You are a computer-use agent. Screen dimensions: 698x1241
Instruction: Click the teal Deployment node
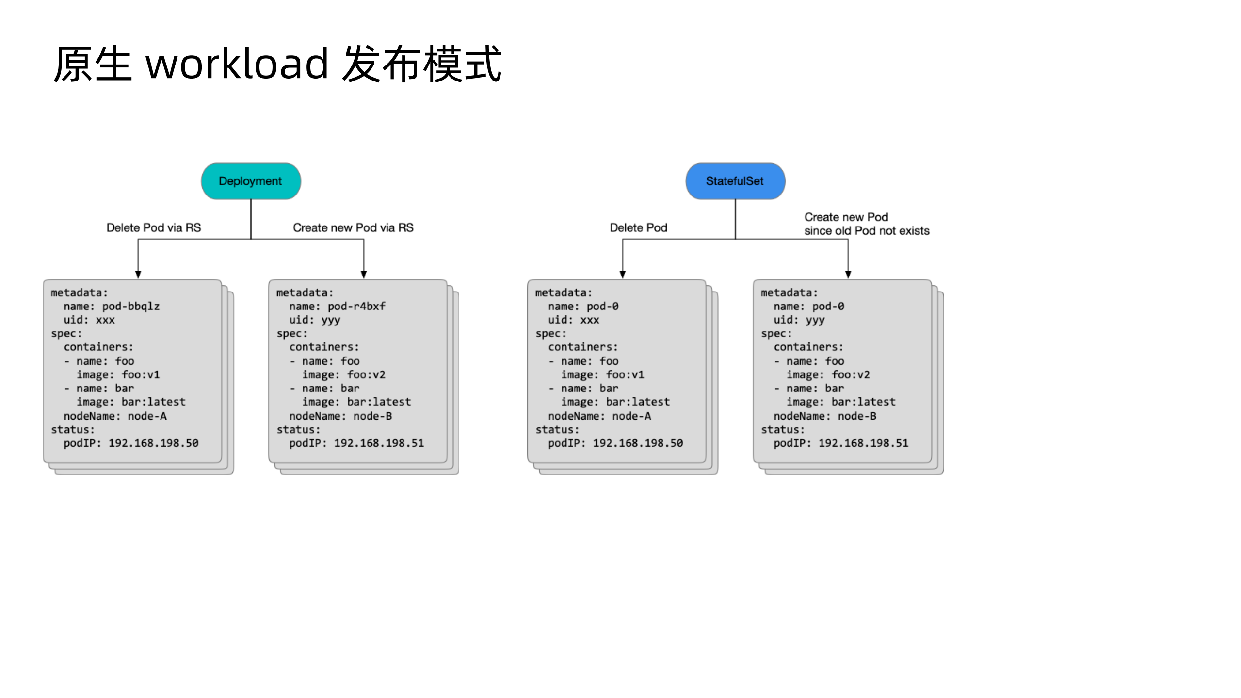coord(251,181)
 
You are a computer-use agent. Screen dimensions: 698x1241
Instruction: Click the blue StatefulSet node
coord(735,181)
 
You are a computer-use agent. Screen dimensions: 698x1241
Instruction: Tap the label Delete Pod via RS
coord(153,227)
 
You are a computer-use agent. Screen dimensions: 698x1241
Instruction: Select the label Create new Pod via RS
coord(353,227)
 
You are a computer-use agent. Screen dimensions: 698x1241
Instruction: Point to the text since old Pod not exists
coord(867,231)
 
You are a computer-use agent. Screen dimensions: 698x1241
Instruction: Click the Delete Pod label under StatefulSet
coord(638,227)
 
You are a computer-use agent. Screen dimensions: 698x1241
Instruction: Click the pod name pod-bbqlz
coord(130,306)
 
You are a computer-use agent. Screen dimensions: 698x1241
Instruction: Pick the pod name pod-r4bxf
coord(356,306)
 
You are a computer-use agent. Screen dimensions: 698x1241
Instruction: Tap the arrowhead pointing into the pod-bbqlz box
coord(138,275)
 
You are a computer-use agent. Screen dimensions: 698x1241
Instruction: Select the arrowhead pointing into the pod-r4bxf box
coord(364,275)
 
